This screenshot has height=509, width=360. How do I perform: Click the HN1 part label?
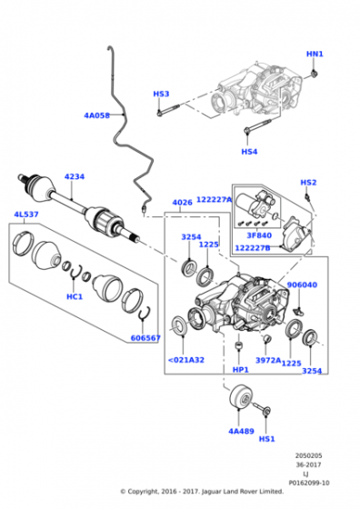click(x=315, y=54)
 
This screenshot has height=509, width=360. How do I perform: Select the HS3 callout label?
click(x=161, y=94)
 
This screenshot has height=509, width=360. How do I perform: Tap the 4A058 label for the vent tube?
click(x=96, y=115)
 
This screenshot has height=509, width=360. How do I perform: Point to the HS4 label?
click(x=249, y=152)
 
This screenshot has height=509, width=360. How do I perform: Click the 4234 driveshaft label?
click(x=75, y=176)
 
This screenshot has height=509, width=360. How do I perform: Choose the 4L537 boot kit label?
click(x=26, y=215)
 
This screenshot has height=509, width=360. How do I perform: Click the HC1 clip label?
click(x=75, y=296)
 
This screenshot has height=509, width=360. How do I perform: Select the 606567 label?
click(x=145, y=338)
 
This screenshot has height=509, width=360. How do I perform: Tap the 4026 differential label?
click(x=182, y=203)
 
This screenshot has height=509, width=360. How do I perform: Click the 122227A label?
click(x=215, y=200)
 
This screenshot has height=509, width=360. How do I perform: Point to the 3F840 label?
click(x=259, y=235)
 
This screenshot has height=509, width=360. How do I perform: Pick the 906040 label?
click(x=302, y=284)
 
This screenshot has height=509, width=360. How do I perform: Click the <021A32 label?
click(x=186, y=360)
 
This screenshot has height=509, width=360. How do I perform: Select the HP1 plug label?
click(x=241, y=370)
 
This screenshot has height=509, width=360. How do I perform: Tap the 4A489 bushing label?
click(x=241, y=431)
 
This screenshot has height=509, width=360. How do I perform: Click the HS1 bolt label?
click(x=267, y=439)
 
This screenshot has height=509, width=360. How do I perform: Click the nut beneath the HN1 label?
click(x=314, y=75)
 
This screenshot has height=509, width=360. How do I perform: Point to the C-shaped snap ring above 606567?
click(x=145, y=313)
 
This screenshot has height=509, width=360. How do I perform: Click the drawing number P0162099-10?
click(x=309, y=483)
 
